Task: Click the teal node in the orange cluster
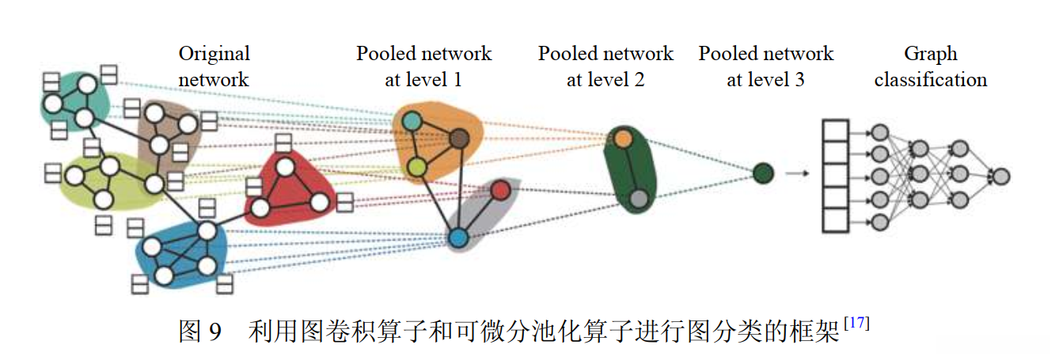point(411,121)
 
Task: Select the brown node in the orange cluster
point(460,140)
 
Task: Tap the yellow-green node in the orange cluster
point(417,167)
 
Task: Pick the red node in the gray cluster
point(499,190)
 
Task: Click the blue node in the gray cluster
point(458,236)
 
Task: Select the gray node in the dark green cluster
point(639,199)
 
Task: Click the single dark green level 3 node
point(762,172)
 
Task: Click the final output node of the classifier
point(1001,176)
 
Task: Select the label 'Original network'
point(214,66)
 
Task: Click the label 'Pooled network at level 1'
point(423,66)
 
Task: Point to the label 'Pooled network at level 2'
point(605,66)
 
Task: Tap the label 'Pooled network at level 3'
point(765,66)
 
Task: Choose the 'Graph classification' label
point(931,66)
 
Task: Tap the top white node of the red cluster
point(285,167)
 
